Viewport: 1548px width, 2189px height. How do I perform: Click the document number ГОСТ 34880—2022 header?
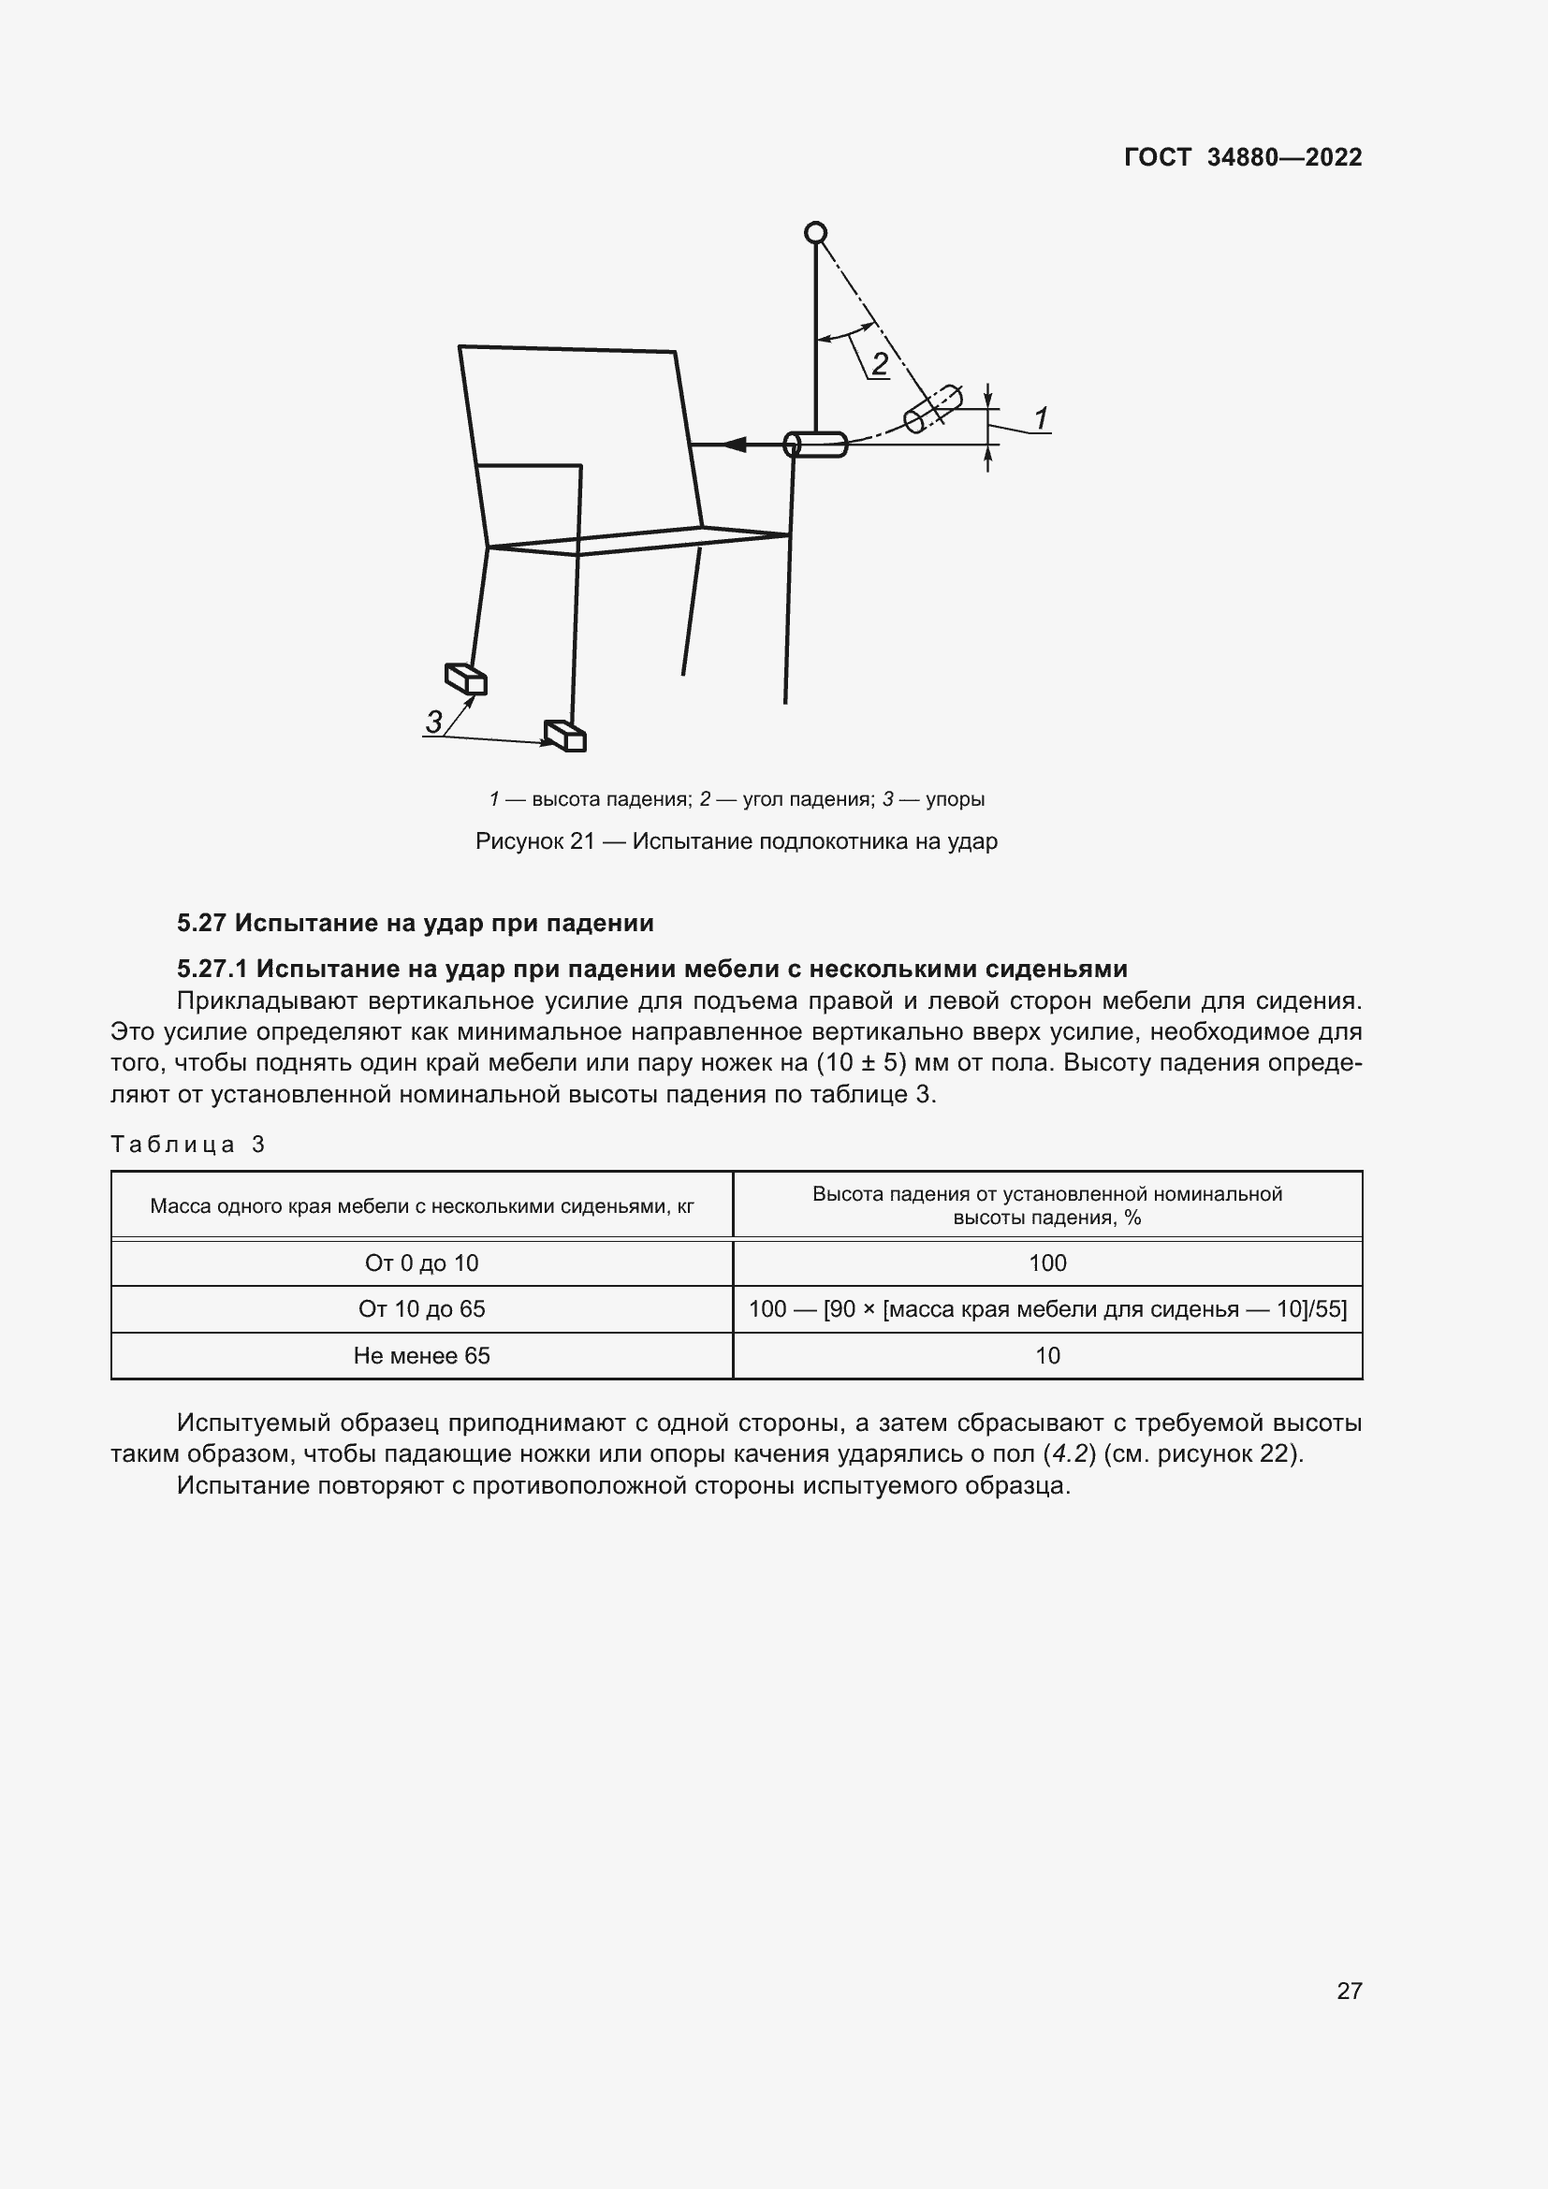point(1242,157)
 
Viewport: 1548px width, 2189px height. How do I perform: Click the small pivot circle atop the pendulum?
point(815,233)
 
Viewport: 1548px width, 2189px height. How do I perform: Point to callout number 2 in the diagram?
point(879,363)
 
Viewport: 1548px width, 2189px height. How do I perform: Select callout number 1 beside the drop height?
point(1041,417)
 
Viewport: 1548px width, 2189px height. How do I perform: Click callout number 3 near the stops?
point(433,722)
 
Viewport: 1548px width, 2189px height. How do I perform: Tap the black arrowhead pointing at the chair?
point(733,445)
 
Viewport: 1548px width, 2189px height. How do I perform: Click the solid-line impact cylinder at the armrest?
point(816,445)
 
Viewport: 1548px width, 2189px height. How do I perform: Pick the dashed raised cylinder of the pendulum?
point(932,409)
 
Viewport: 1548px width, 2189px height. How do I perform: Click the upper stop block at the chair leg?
point(466,679)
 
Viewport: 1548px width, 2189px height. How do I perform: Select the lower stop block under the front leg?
point(565,736)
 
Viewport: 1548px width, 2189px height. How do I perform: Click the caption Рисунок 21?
point(736,841)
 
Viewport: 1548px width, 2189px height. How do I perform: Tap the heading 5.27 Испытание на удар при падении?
point(416,923)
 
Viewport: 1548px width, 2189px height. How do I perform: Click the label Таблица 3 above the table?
point(188,1144)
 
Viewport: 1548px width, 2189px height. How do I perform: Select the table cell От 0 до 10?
point(421,1263)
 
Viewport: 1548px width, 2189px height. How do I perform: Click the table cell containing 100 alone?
point(1046,1263)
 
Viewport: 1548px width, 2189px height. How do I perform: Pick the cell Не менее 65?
point(421,1356)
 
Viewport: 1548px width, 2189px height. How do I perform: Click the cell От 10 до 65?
point(421,1309)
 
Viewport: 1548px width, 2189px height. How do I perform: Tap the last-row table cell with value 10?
point(1046,1356)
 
